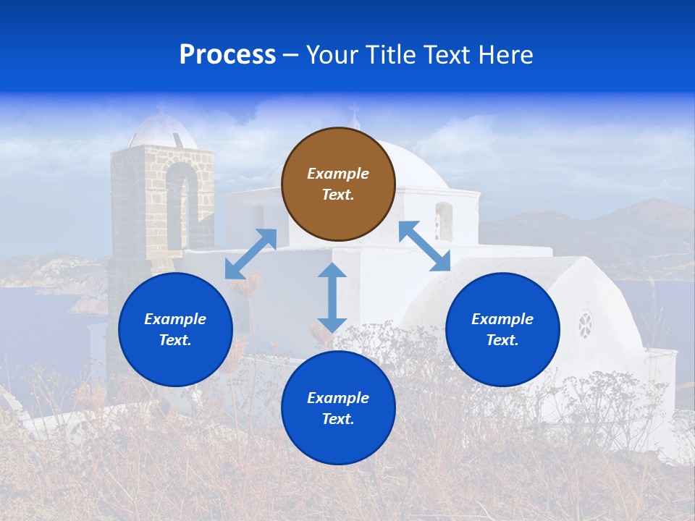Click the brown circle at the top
click(x=338, y=184)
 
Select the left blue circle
click(x=175, y=329)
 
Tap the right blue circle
click(x=502, y=329)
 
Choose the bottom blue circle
click(x=338, y=408)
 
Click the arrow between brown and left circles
click(x=250, y=254)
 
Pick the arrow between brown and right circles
click(x=424, y=246)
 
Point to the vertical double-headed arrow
click(x=332, y=297)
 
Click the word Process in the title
click(x=227, y=54)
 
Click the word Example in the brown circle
click(x=338, y=174)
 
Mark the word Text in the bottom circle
click(x=337, y=419)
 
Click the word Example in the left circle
click(x=175, y=319)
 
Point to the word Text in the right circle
click(x=502, y=340)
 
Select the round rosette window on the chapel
click(x=585, y=324)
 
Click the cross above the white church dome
click(x=354, y=114)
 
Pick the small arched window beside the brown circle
click(x=443, y=221)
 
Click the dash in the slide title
click(x=291, y=55)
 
